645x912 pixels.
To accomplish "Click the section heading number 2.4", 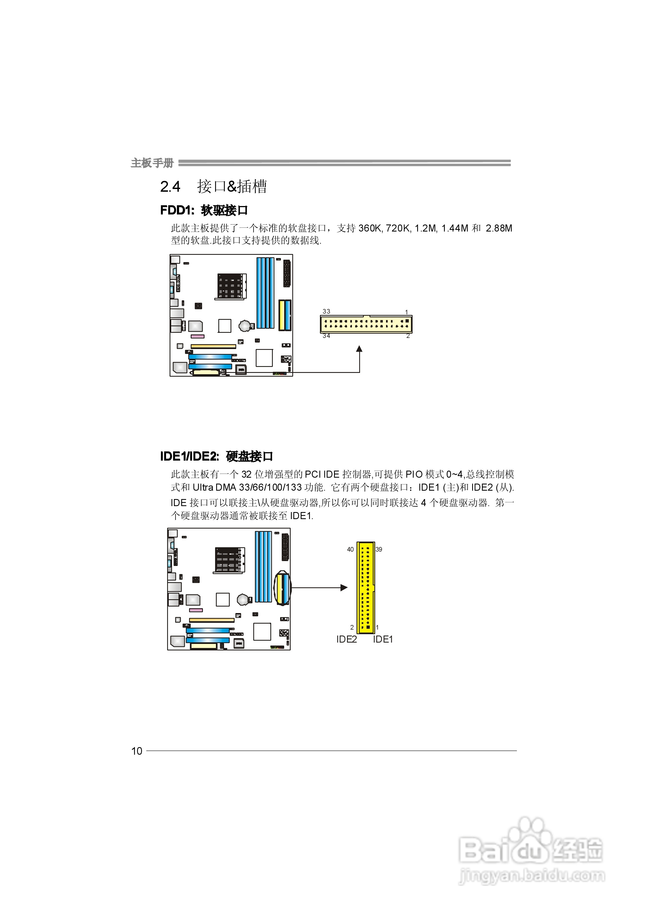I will pyautogui.click(x=170, y=187).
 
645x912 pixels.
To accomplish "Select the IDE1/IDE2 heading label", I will pyautogui.click(x=189, y=456).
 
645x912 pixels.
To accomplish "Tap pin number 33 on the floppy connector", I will pyautogui.click(x=326, y=311).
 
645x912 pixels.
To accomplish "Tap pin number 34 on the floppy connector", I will pyautogui.click(x=326, y=336).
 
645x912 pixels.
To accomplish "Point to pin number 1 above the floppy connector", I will pyautogui.click(x=407, y=312).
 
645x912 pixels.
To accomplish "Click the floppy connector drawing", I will pyautogui.click(x=366, y=324).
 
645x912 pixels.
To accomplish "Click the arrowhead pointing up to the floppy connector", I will pyautogui.click(x=359, y=349).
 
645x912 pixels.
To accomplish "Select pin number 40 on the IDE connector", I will pyautogui.click(x=350, y=549).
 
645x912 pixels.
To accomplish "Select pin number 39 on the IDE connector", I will pyautogui.click(x=379, y=549).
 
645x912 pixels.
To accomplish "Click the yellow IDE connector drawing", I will pyautogui.click(x=366, y=588).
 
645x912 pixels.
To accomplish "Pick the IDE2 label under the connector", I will pyautogui.click(x=346, y=639).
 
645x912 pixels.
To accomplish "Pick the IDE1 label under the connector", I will pyautogui.click(x=383, y=639).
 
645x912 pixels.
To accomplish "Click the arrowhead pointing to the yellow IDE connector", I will pyautogui.click(x=344, y=588).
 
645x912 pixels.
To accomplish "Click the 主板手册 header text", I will pyautogui.click(x=152, y=163).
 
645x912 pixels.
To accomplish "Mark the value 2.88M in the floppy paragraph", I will pyautogui.click(x=499, y=228).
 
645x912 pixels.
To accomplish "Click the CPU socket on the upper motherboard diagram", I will pyautogui.click(x=230, y=286).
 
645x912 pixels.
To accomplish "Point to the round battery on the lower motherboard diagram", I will pyautogui.click(x=243, y=600).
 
